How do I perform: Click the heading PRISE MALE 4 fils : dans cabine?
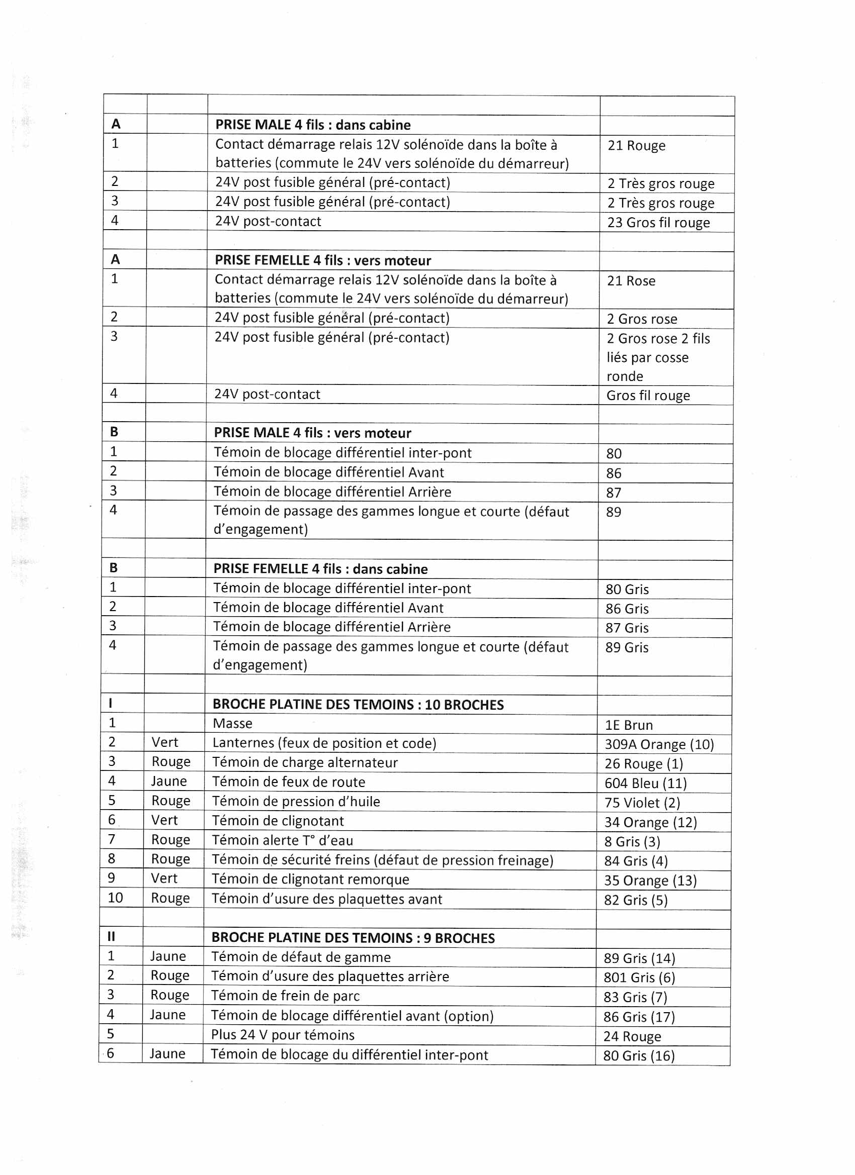pos(313,125)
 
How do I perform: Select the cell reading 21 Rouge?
pos(636,146)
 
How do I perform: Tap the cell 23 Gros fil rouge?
pos(658,223)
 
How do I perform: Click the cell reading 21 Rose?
pos(631,281)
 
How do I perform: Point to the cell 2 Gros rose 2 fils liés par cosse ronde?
pos(658,357)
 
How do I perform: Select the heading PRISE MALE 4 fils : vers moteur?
pos(312,433)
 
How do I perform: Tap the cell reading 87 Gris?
pos(627,628)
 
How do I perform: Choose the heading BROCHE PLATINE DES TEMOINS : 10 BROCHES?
pos(358,705)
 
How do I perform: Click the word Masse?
pos(232,724)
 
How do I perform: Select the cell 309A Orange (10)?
pos(659,744)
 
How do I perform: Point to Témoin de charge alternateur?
pos(305,762)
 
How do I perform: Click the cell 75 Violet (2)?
pos(642,803)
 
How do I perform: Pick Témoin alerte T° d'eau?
pos(282,840)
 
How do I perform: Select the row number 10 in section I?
pos(115,898)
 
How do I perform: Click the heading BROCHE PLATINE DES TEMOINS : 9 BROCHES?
pos(353,938)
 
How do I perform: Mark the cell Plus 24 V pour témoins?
pos(283,1035)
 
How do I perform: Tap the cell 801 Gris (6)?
pos(639,977)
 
